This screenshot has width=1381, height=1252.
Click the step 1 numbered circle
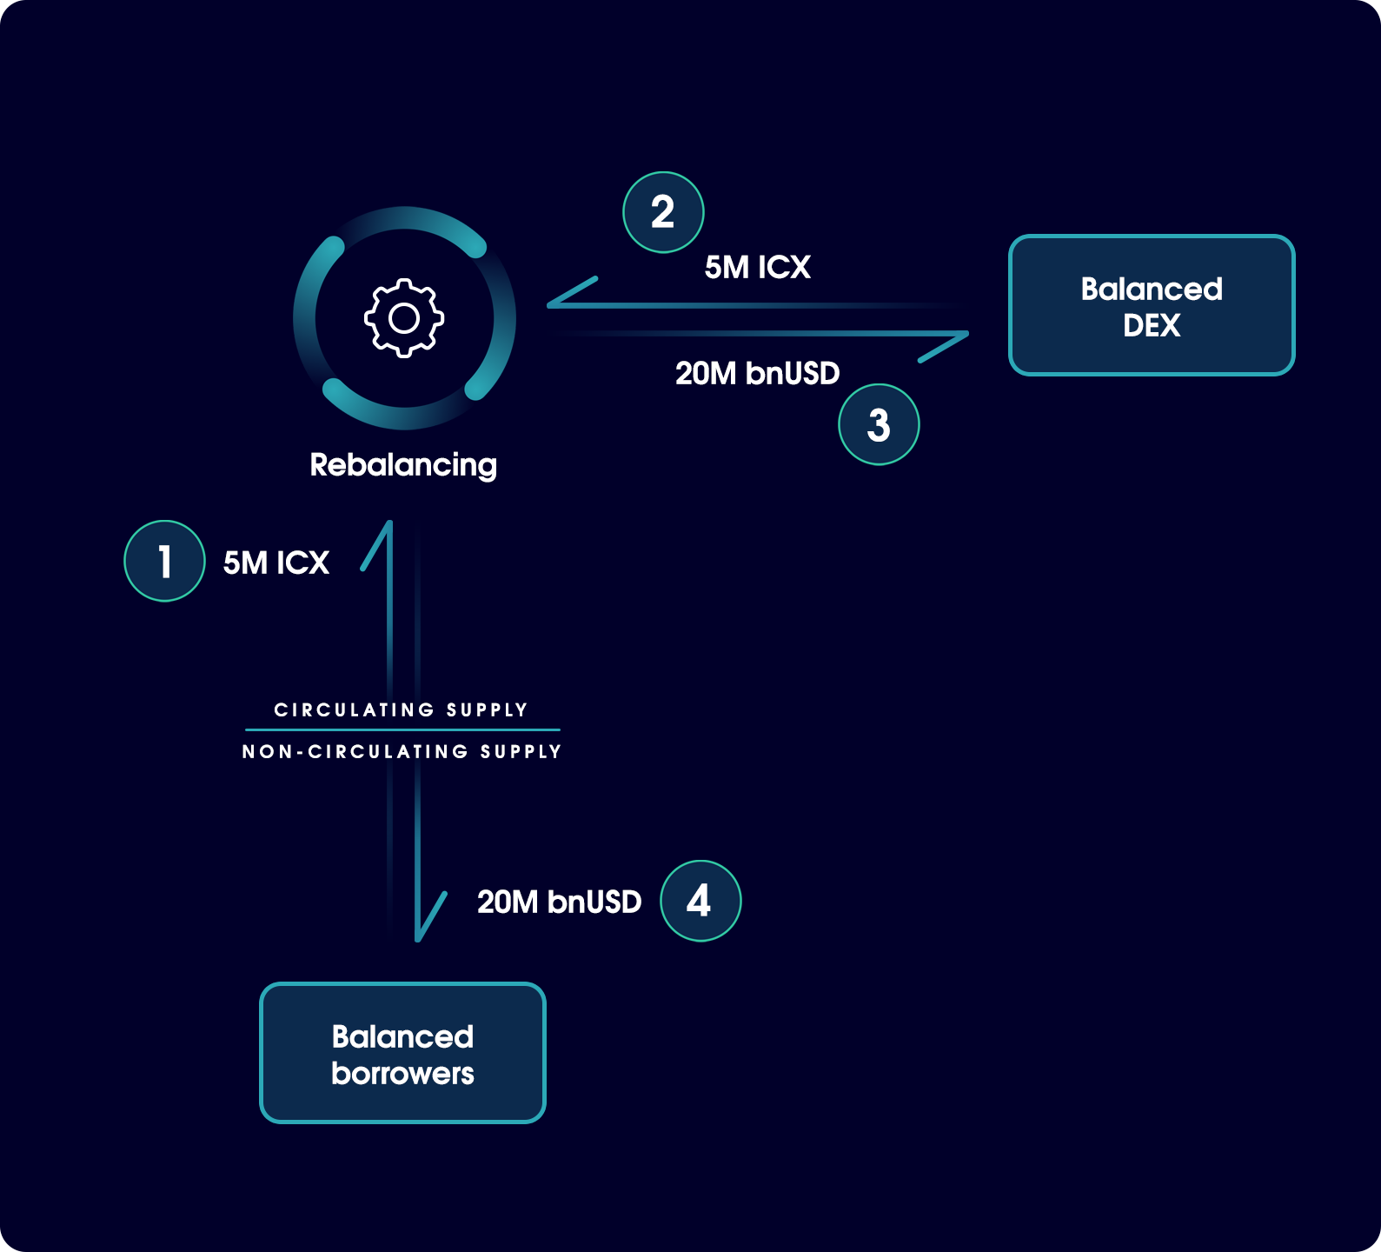coord(164,561)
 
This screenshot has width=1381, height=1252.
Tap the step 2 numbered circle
coord(663,212)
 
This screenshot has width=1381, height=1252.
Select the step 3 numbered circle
coord(879,424)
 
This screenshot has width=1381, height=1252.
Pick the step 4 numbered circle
coord(700,901)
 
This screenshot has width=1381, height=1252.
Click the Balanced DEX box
coord(1152,305)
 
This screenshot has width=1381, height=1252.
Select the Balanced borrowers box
coord(402,1053)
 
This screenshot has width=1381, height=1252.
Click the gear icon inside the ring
coord(404,318)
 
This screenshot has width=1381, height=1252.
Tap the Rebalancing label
coord(403,465)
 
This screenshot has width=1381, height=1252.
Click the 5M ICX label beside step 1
coord(276,563)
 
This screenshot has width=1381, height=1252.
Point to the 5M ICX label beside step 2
coord(758,267)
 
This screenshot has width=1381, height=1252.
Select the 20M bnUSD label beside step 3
coord(758,373)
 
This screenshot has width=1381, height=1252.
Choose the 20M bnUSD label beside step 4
coord(560,902)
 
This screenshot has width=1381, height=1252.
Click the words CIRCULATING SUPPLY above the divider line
coord(401,709)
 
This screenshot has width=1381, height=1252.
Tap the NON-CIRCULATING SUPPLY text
coord(402,751)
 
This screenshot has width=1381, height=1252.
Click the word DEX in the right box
coord(1152,325)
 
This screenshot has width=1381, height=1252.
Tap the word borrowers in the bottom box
coord(402,1073)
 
